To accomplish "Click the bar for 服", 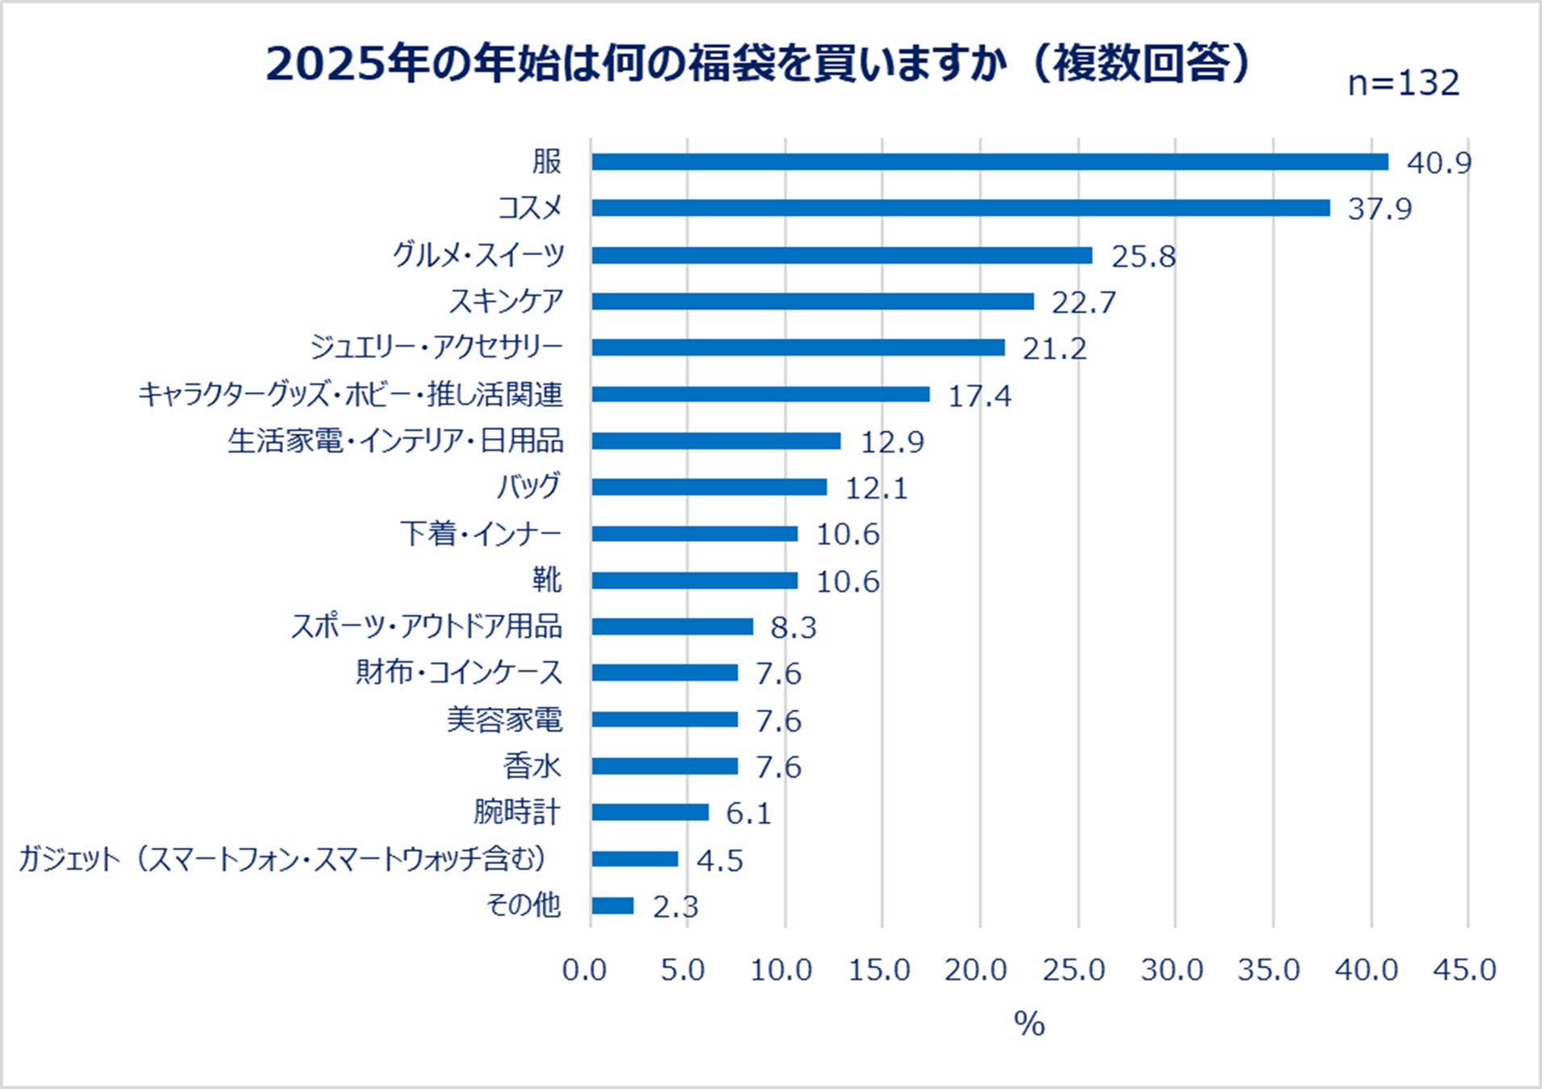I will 990,162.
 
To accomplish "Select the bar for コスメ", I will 960,208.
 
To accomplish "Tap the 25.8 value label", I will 1143,257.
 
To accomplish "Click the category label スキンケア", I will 506,301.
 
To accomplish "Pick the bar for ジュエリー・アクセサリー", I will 798,348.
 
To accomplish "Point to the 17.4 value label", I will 979,396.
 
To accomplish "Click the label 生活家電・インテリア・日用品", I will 395,441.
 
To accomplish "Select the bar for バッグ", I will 709,487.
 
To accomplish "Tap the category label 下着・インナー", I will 481,534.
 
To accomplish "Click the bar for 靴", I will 694,581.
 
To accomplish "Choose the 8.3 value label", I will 794,628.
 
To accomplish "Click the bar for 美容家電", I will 665,720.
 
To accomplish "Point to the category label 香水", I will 531,766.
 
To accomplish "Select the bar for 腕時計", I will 650,812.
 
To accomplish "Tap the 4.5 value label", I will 719,861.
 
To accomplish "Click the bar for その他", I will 613,906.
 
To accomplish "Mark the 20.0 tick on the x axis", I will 976,970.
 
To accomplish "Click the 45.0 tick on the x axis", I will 1465,970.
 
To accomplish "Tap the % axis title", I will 1029,1024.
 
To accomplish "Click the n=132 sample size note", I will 1403,83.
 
